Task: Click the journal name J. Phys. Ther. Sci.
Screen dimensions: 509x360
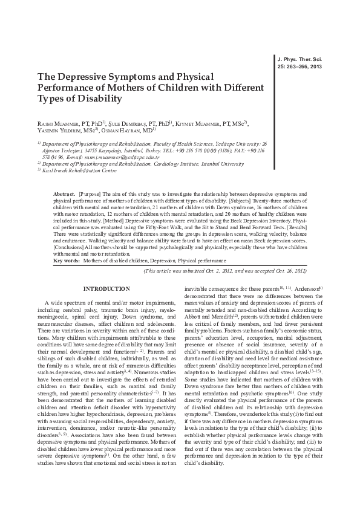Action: coord(299,60)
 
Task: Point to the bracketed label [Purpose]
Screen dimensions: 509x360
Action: coord(90,191)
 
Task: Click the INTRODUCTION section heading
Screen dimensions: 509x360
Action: coord(106,290)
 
